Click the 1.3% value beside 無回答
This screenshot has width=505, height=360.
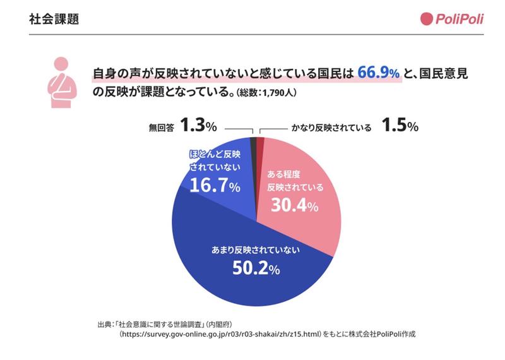[x=198, y=126]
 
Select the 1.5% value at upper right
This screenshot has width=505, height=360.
[x=400, y=126]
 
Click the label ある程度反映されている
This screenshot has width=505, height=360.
[x=294, y=180]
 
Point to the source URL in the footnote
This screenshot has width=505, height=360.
[x=220, y=334]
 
